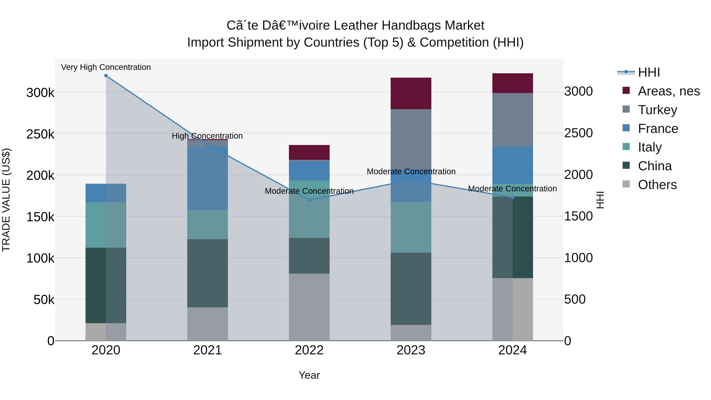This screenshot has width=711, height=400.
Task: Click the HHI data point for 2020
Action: coord(106,76)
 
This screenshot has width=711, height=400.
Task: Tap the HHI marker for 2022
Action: coord(309,200)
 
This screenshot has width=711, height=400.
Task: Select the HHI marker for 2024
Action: coord(513,197)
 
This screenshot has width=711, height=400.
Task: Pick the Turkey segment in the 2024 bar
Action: coord(513,120)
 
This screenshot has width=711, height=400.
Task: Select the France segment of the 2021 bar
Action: coord(208,178)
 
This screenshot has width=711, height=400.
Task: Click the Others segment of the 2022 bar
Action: coord(309,307)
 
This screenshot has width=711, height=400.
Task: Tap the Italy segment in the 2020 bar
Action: coord(106,225)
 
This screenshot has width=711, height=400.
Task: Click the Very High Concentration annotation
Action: coord(106,67)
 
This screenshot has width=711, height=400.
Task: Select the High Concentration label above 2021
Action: coord(207,136)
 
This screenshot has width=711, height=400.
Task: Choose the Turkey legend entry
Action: coord(657,110)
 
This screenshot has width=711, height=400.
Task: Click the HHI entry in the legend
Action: coord(649,72)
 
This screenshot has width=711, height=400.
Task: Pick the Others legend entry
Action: coord(657,185)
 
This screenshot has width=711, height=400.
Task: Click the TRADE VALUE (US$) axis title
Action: coord(6,200)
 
